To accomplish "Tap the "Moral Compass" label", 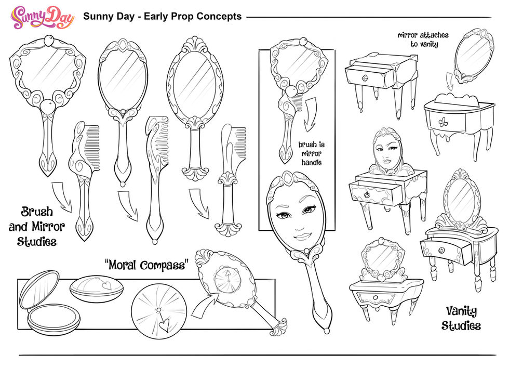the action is point(146,265).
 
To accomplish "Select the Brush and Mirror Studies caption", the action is point(37,226).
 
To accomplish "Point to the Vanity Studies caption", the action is point(461,318).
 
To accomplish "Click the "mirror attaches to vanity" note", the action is point(423,40).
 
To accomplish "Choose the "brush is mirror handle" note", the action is point(311,153).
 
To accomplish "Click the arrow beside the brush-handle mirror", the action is point(311,114).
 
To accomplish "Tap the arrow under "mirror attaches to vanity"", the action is point(449,82).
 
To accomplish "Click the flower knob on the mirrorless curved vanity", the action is point(443,122).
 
